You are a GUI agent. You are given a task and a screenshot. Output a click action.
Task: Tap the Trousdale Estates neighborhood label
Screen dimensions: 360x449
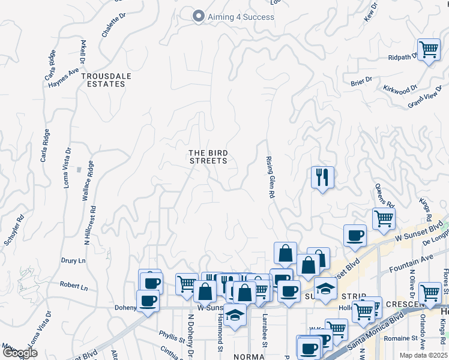(x=103, y=80)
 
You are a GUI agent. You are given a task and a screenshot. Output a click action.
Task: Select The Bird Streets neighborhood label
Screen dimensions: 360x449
(x=208, y=157)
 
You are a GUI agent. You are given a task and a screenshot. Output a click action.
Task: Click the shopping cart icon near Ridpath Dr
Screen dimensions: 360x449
(x=429, y=49)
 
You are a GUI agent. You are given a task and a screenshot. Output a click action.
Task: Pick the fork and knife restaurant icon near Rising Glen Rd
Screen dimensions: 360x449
(x=322, y=177)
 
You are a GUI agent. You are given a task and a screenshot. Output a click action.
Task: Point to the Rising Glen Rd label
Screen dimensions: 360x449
(x=270, y=178)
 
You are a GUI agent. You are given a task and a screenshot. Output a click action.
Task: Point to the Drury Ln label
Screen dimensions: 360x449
(x=73, y=261)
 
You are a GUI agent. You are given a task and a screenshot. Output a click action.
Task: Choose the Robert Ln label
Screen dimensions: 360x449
(x=73, y=287)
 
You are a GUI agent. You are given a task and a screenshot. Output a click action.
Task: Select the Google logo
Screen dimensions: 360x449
(x=20, y=353)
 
